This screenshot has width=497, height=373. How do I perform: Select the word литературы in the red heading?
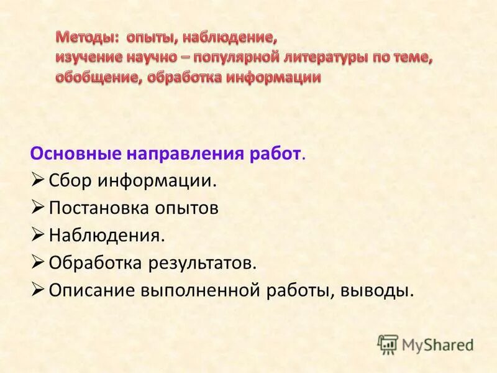tap(327, 58)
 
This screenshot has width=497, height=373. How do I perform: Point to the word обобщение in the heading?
tap(93, 78)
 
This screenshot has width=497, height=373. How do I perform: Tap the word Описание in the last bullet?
tap(91, 290)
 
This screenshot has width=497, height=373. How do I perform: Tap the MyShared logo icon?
tap(388, 344)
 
